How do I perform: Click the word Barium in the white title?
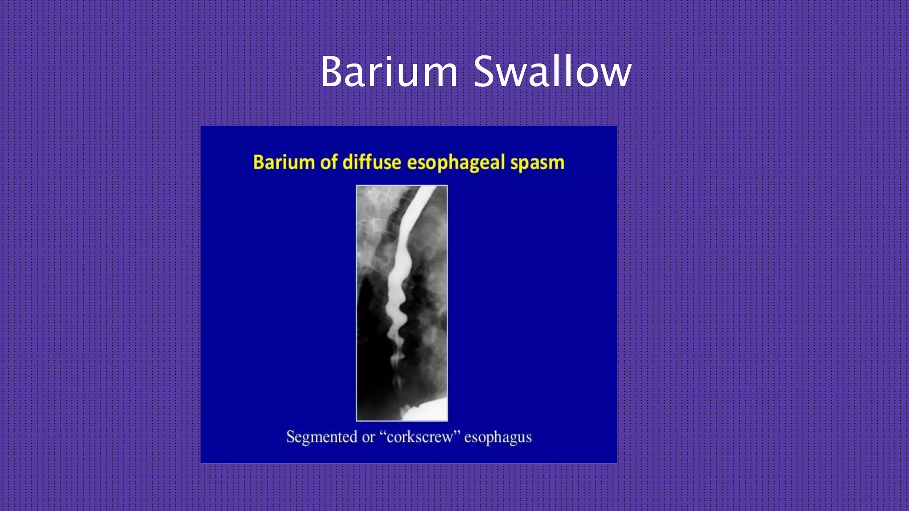(389, 72)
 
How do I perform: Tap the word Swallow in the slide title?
(552, 72)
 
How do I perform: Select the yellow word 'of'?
(328, 162)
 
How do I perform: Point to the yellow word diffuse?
(372, 162)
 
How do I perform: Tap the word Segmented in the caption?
(322, 437)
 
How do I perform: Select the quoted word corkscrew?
(420, 437)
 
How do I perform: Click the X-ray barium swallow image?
(402, 303)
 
